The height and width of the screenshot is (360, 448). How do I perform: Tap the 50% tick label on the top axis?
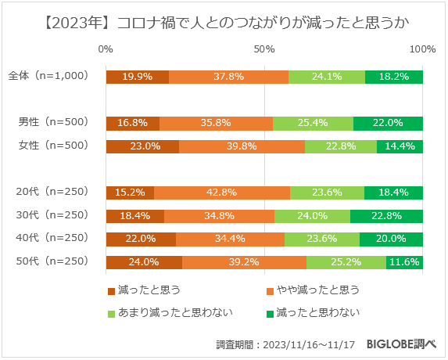(264, 49)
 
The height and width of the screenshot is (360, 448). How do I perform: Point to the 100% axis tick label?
(422, 49)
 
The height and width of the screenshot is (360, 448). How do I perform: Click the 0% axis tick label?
(106, 49)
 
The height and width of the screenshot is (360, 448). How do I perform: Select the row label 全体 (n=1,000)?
(48, 77)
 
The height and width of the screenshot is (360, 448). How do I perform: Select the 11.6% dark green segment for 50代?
(404, 262)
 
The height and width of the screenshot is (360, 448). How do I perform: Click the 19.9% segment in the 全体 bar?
(137, 77)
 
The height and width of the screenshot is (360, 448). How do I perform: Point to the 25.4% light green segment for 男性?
(313, 123)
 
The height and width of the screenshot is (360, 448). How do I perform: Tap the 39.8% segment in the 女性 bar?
(242, 146)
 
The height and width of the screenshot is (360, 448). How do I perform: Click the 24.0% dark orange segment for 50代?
(144, 262)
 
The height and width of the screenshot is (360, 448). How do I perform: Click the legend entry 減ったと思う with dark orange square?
(144, 290)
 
